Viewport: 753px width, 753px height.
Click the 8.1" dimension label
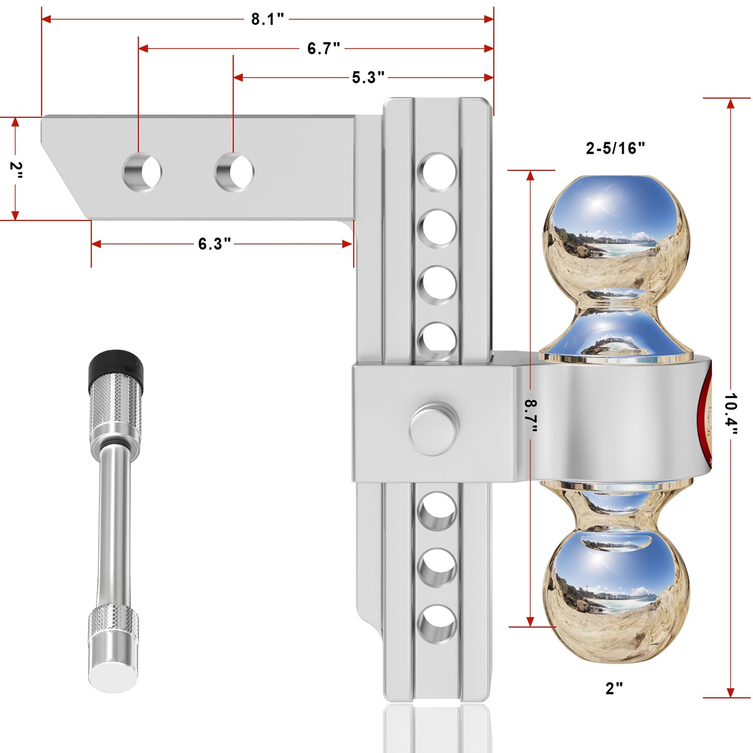click(267, 19)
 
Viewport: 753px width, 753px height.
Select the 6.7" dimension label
click(323, 48)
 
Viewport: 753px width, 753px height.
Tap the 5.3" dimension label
click(368, 78)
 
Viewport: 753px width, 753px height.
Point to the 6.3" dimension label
click(214, 244)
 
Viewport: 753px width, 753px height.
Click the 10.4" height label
click(731, 414)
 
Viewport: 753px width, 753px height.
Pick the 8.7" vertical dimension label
click(530, 416)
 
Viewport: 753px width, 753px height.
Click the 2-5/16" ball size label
click(615, 149)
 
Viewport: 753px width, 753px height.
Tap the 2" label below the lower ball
click(614, 688)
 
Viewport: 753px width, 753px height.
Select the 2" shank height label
click(16, 170)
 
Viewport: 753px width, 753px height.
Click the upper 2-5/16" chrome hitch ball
click(616, 234)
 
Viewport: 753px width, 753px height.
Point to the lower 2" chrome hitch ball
click(616, 594)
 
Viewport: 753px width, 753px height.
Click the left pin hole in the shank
click(142, 172)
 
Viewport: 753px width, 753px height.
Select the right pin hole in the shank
click(234, 172)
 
